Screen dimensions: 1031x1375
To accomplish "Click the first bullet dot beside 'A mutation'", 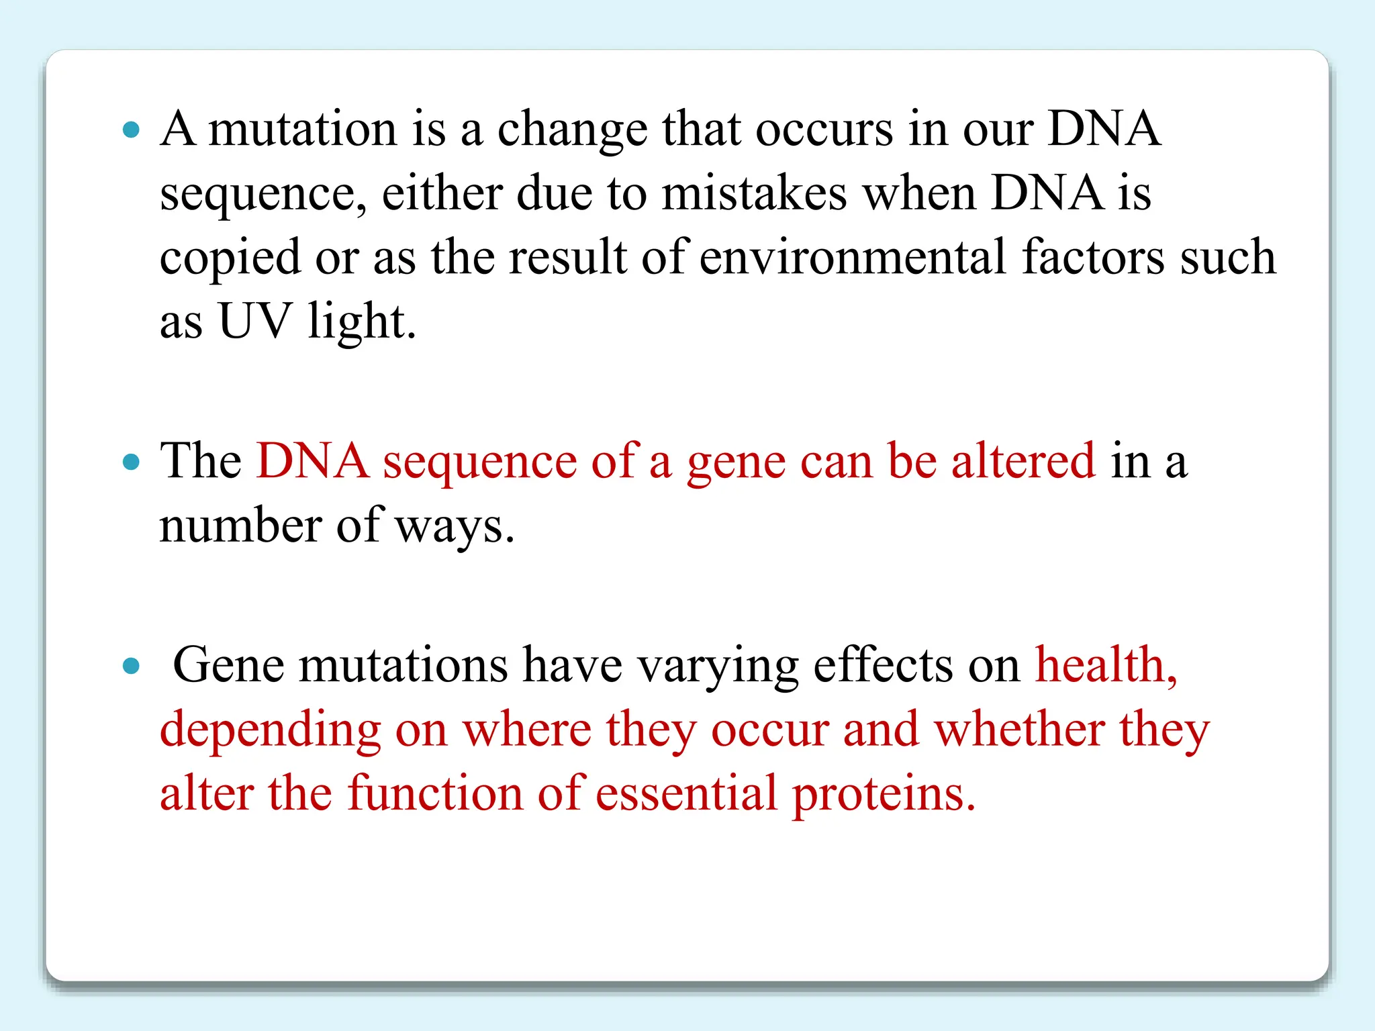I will tap(132, 130).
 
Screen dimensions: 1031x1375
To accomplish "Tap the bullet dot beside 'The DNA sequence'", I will tap(132, 462).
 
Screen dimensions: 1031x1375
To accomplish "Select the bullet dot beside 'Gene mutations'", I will tap(132, 666).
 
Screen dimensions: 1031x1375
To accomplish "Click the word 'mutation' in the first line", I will tap(303, 129).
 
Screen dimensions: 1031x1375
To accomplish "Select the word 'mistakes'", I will tap(754, 193).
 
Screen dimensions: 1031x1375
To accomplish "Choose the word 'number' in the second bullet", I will tap(240, 526).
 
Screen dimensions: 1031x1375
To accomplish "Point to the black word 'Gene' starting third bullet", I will tap(228, 666).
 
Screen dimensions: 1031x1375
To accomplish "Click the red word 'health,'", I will tap(1106, 666).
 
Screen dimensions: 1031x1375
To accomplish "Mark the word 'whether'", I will tap(1019, 730).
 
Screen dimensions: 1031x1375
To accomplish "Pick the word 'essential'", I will tap(686, 794).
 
